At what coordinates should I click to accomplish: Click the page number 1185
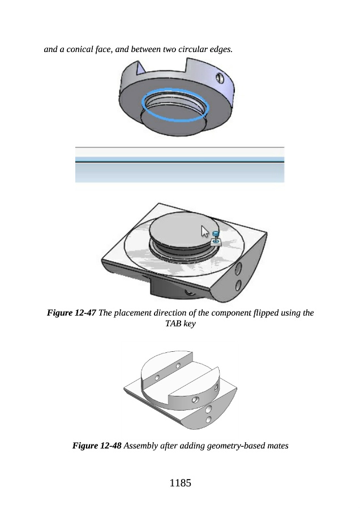point(181,483)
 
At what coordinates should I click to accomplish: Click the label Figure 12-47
point(71,313)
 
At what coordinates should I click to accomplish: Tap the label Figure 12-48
point(97,446)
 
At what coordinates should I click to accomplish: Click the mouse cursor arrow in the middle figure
point(205,231)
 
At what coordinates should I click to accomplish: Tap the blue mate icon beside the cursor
point(216,238)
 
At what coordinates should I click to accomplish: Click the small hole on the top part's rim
point(220,78)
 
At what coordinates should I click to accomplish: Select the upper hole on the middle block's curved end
point(238,269)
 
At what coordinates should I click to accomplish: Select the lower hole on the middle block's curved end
point(238,286)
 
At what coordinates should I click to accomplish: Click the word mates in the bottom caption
point(278,446)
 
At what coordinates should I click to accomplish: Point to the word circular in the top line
point(193,49)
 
